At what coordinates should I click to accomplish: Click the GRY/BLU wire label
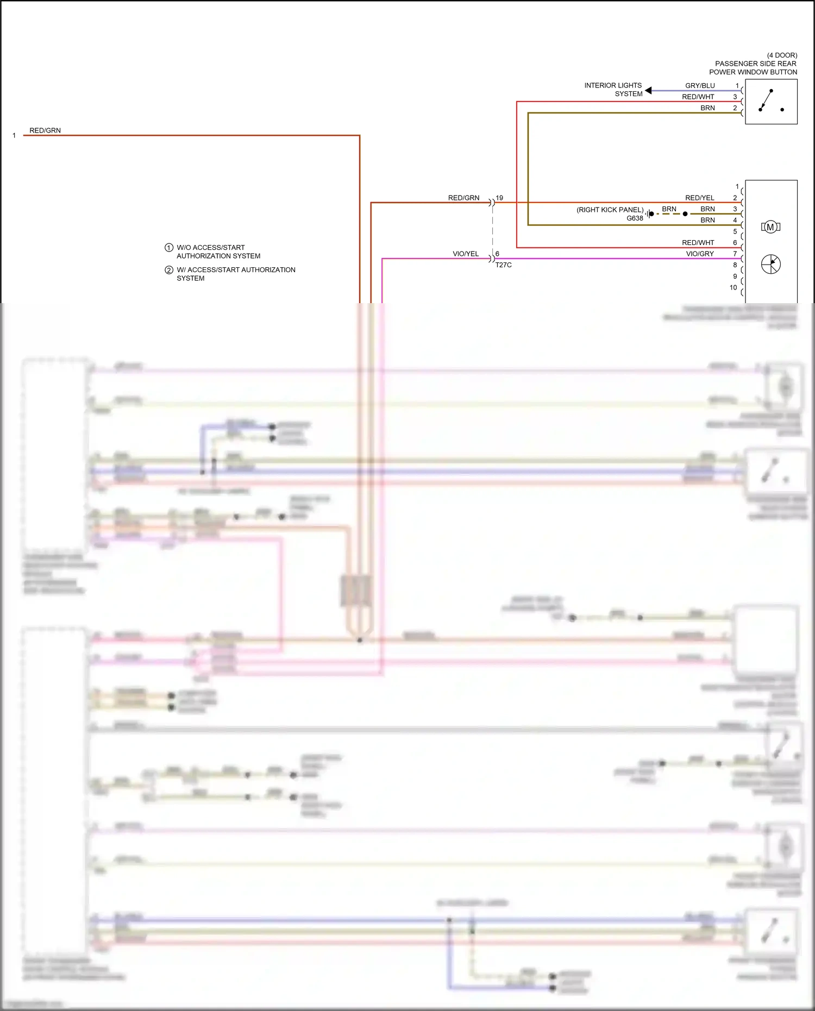pyautogui.click(x=700, y=86)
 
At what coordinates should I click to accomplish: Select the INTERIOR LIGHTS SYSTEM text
pyautogui.click(x=613, y=90)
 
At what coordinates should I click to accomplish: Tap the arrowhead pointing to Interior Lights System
pyautogui.click(x=648, y=91)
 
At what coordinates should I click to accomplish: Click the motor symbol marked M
pyautogui.click(x=770, y=227)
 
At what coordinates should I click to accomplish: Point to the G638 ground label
pyautogui.click(x=635, y=218)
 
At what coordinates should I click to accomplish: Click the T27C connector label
pyautogui.click(x=503, y=265)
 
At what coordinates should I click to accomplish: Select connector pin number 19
pyautogui.click(x=499, y=198)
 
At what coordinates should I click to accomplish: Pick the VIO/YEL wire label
pyautogui.click(x=466, y=254)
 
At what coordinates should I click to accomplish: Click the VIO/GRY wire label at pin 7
pyautogui.click(x=700, y=254)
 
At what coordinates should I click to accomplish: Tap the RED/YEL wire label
pyautogui.click(x=700, y=198)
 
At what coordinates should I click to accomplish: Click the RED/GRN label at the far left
pyautogui.click(x=45, y=130)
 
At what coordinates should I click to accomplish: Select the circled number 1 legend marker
pyautogui.click(x=169, y=248)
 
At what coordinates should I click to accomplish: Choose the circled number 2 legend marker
pyautogui.click(x=169, y=270)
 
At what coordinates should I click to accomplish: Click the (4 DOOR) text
pyautogui.click(x=782, y=55)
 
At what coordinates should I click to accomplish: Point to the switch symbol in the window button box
pyautogui.click(x=770, y=101)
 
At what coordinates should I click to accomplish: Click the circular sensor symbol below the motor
pyautogui.click(x=770, y=265)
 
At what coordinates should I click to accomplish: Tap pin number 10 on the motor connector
pyautogui.click(x=733, y=287)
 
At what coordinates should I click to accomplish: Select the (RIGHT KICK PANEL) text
pyautogui.click(x=610, y=210)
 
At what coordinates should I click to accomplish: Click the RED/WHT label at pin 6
pyautogui.click(x=698, y=243)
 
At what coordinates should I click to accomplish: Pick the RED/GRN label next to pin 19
pyautogui.click(x=463, y=198)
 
